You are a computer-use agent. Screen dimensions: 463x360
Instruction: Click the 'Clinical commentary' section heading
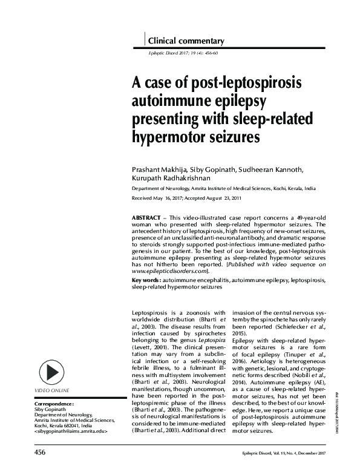point(186,41)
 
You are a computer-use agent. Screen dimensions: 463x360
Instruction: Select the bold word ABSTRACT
point(145,217)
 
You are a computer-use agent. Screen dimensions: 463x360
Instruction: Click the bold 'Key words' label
point(146,281)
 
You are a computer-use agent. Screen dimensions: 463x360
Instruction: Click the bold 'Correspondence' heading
point(54,402)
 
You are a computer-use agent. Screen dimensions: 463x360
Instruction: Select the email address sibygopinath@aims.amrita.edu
point(71,432)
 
